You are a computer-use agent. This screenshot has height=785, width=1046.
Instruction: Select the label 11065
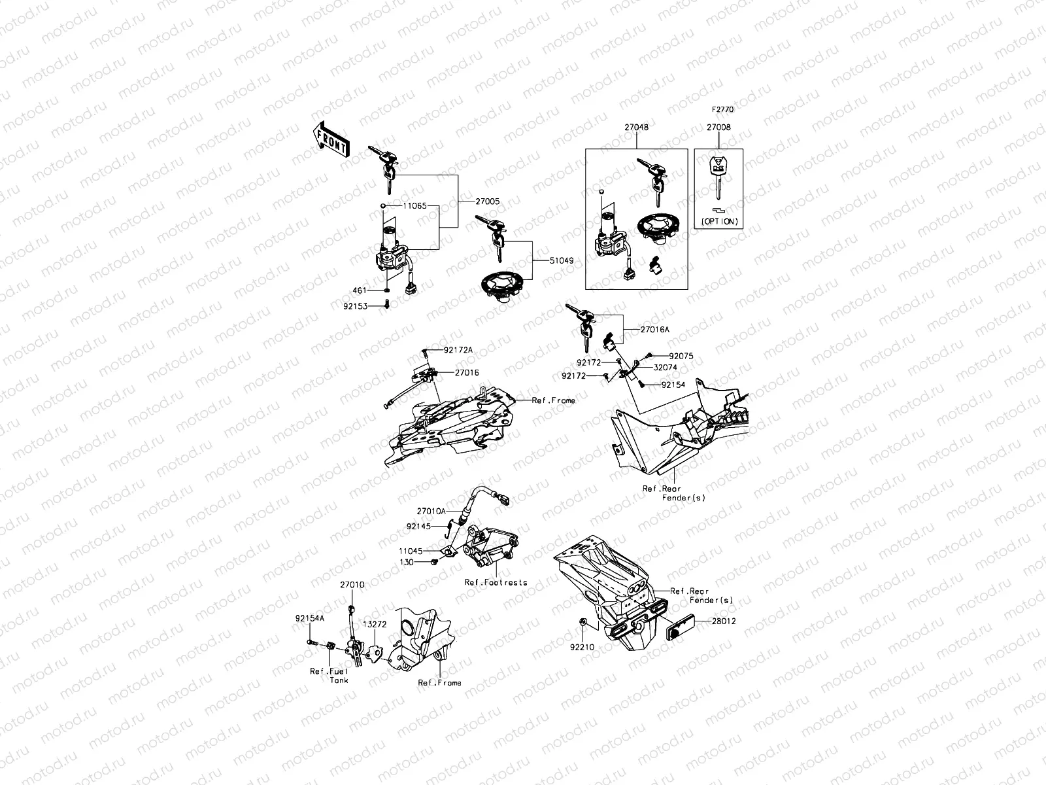click(x=414, y=205)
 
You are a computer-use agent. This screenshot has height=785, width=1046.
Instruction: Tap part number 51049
click(x=561, y=260)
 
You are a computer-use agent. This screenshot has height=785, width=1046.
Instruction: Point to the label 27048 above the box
click(x=636, y=128)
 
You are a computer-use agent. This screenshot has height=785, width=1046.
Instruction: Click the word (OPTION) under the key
click(x=720, y=222)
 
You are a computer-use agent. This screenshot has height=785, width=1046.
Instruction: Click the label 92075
click(x=681, y=357)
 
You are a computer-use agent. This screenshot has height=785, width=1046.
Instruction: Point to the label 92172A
click(x=458, y=351)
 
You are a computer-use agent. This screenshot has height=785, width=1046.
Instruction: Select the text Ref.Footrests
click(x=496, y=582)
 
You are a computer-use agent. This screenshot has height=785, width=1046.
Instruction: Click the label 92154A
click(x=309, y=617)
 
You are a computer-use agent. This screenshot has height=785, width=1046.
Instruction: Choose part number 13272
click(x=375, y=625)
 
